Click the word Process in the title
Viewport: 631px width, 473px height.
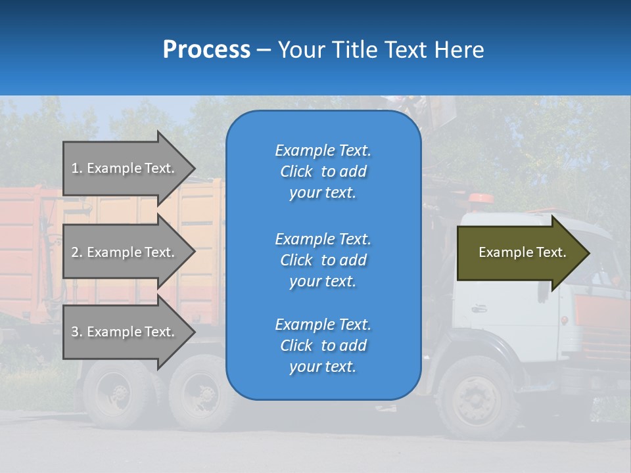(x=206, y=50)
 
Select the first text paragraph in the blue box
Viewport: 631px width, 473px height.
(x=323, y=171)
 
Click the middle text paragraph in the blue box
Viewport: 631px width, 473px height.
(x=323, y=260)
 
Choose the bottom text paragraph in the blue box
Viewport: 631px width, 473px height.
(x=323, y=346)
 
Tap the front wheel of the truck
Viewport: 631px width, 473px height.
(x=475, y=398)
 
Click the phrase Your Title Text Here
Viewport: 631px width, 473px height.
(x=381, y=50)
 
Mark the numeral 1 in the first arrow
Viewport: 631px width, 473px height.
(x=75, y=168)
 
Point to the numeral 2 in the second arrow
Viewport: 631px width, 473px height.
(x=75, y=252)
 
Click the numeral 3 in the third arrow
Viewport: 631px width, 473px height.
(x=75, y=332)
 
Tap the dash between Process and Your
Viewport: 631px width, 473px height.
(x=264, y=50)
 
